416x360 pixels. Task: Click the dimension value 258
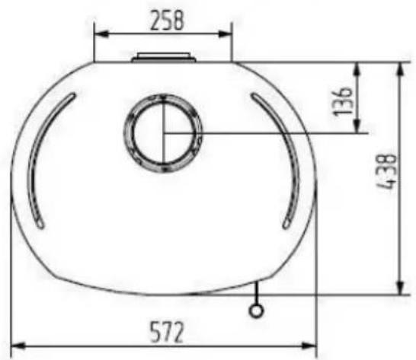[167, 21]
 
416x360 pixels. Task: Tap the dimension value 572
[167, 332]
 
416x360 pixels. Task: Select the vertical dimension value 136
[343, 101]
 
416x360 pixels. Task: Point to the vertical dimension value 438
[388, 171]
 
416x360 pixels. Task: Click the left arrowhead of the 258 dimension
[101, 34]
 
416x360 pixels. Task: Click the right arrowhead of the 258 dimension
[226, 34]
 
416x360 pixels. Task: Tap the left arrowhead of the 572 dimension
[18, 346]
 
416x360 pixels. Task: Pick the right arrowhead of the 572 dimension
[309, 346]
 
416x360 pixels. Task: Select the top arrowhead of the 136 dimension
[357, 69]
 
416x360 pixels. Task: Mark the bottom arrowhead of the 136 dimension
[357, 126]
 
